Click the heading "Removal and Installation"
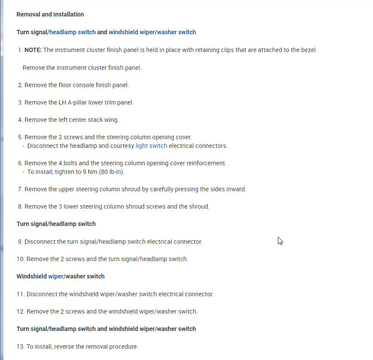coord(50,14)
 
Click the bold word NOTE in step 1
coord(33,50)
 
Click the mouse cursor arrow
coord(280,241)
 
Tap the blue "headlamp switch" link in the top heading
coord(73,32)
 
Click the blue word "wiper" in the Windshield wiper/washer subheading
coord(56,276)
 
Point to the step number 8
coord(20,206)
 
